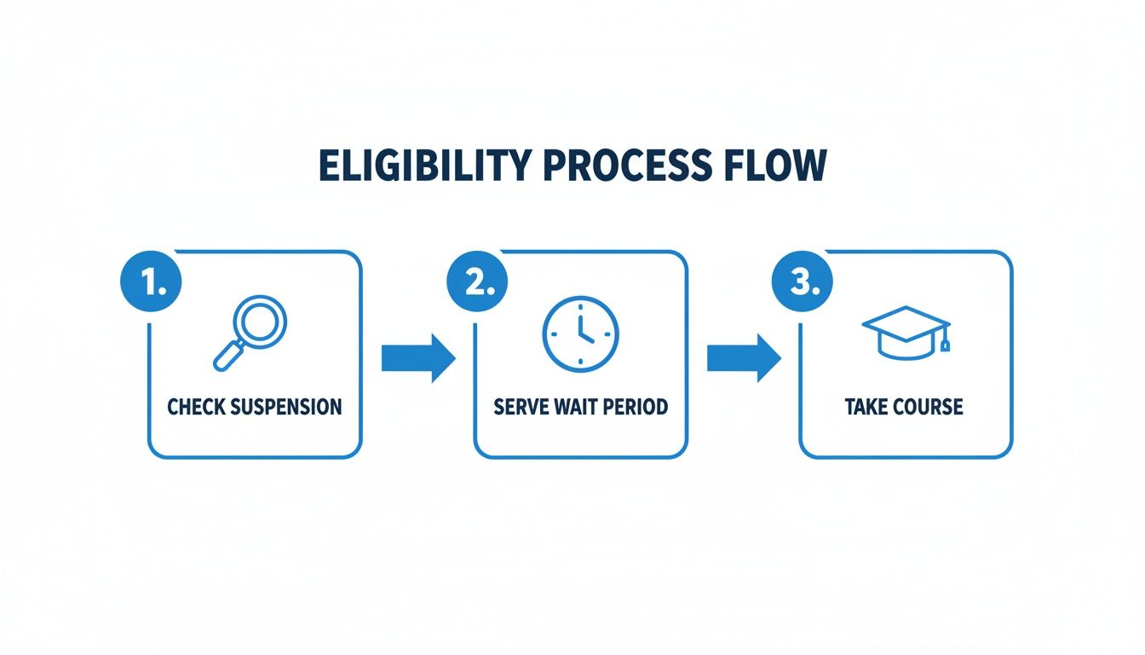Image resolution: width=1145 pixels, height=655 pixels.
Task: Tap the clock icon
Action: [580, 333]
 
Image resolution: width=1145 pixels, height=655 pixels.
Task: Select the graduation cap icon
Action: [905, 330]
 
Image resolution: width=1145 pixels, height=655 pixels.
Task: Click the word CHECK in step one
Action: [193, 406]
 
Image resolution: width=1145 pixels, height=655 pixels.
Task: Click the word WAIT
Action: [576, 406]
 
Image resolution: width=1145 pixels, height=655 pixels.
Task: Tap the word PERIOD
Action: [636, 406]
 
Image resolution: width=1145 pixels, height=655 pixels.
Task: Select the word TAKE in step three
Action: [866, 406]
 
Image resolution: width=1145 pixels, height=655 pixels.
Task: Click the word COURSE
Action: [928, 406]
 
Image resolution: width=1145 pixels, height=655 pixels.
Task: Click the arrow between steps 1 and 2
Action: [417, 358]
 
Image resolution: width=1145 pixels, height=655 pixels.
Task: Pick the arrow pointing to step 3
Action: [743, 358]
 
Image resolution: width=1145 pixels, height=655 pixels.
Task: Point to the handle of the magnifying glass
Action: [227, 356]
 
